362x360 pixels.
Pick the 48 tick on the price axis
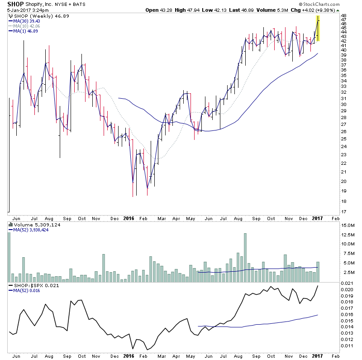tap(344, 15)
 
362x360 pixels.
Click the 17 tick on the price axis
tap(344, 211)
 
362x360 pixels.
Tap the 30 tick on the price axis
tap(344, 105)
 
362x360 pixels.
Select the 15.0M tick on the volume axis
tap(348, 225)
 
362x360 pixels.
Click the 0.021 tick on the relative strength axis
tap(347, 283)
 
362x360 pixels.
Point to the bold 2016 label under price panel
tap(129, 218)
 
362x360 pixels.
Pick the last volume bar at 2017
tap(318, 272)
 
